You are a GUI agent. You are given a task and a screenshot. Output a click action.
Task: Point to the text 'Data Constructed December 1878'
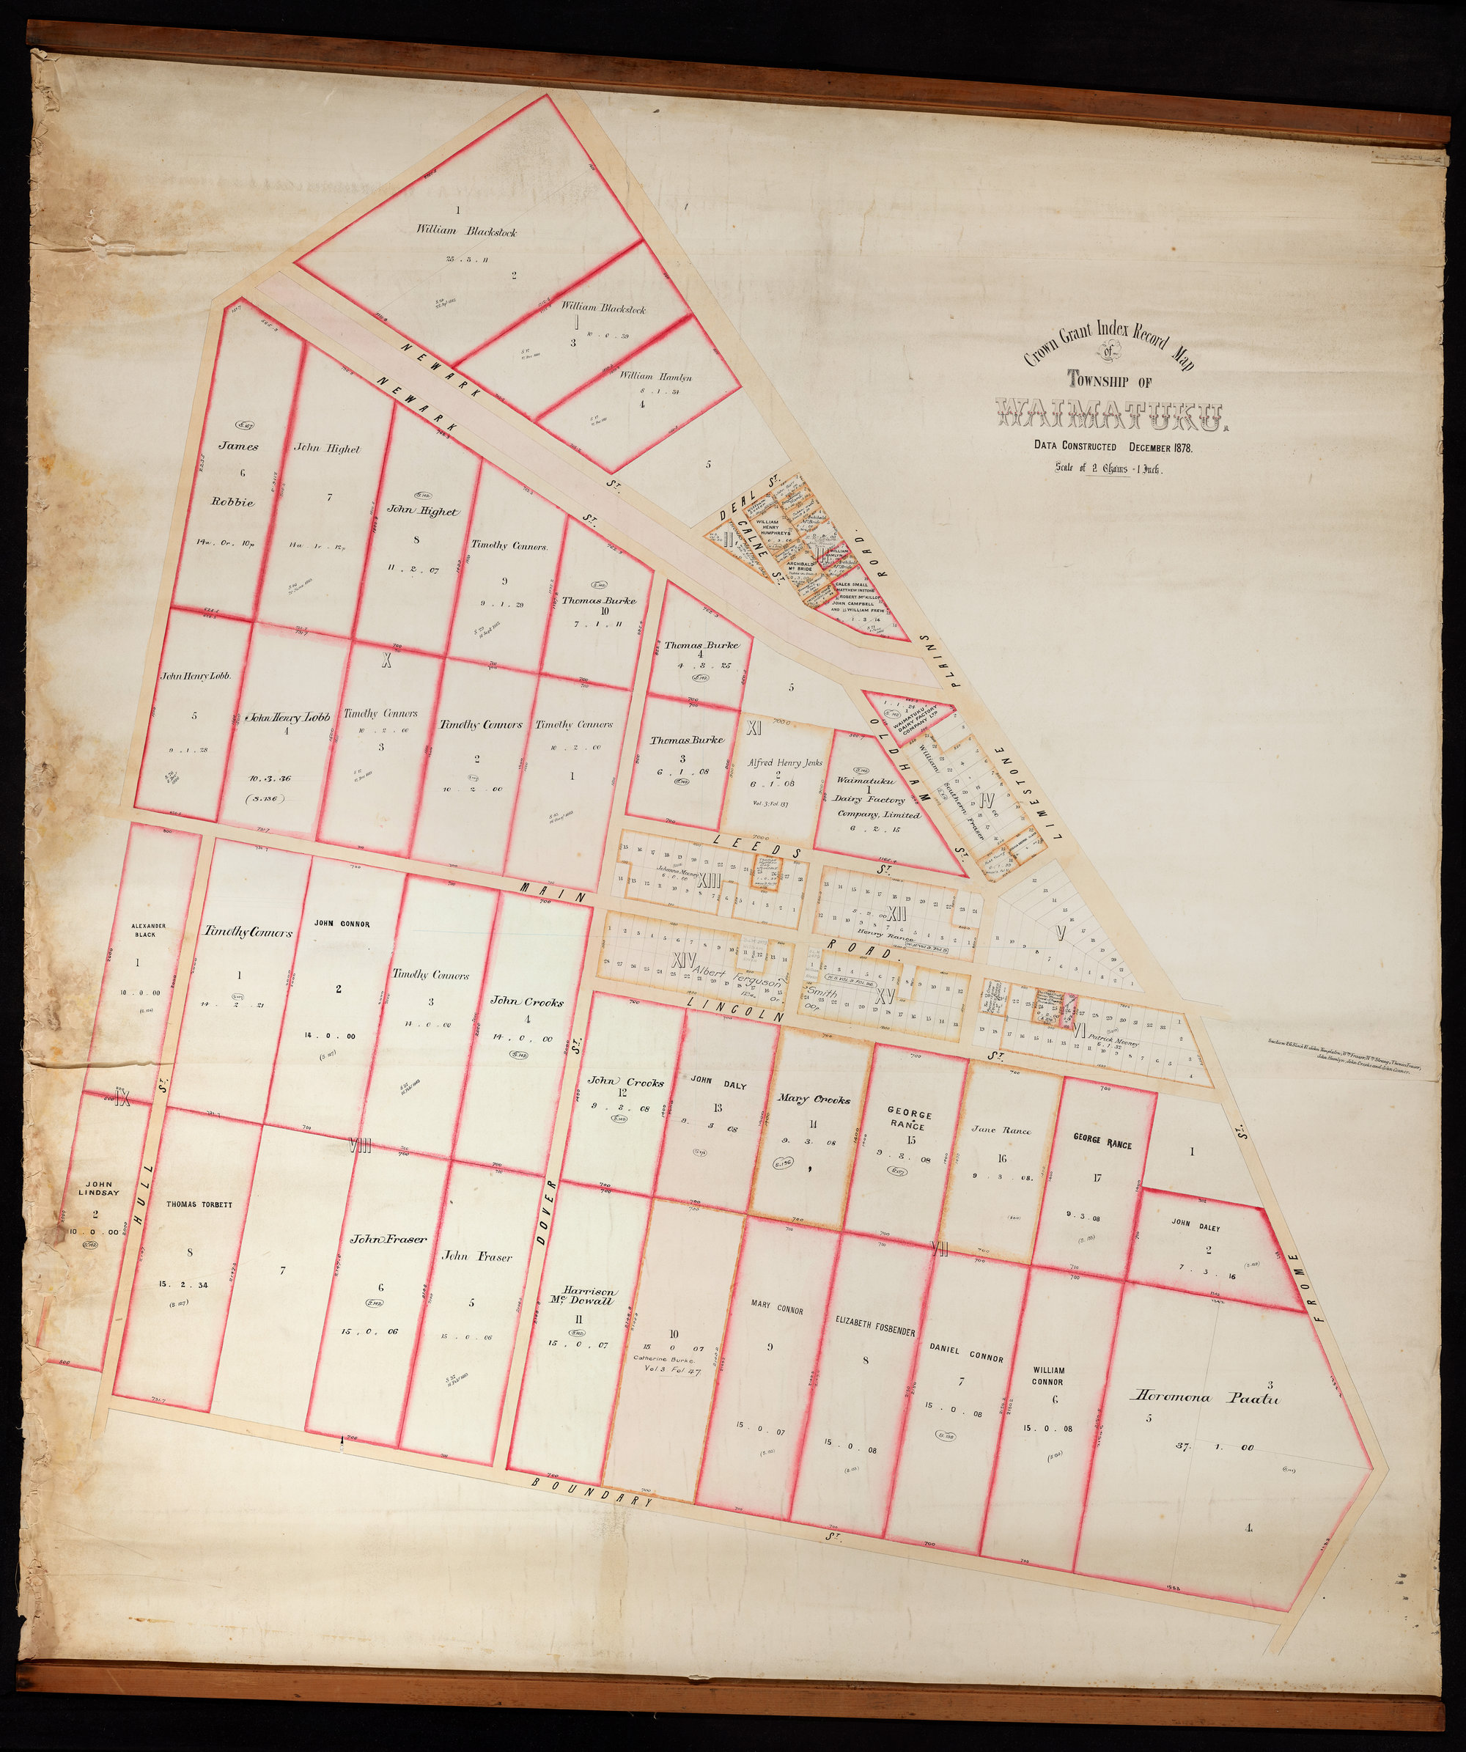coord(1113,447)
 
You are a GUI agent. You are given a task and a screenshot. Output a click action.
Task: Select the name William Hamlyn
coord(655,376)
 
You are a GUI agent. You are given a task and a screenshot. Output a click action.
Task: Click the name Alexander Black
coord(137,930)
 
